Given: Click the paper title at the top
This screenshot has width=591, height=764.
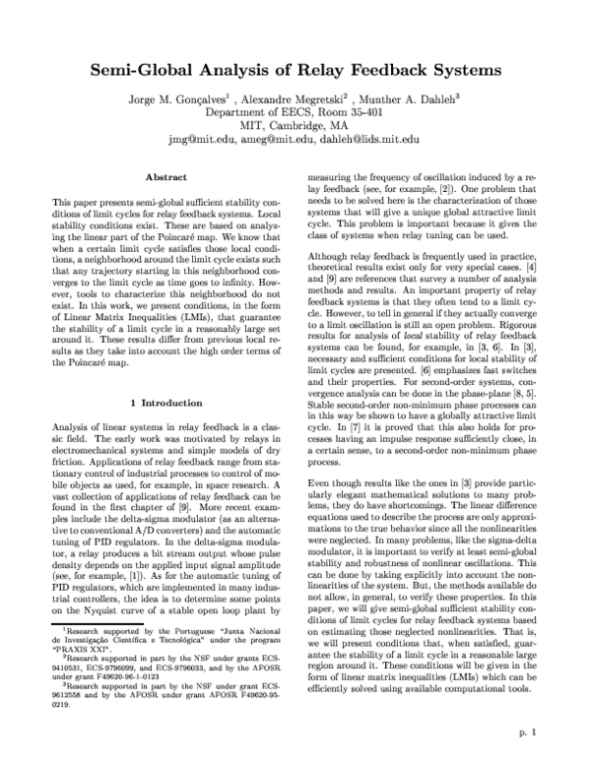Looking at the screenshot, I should tap(295, 71).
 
